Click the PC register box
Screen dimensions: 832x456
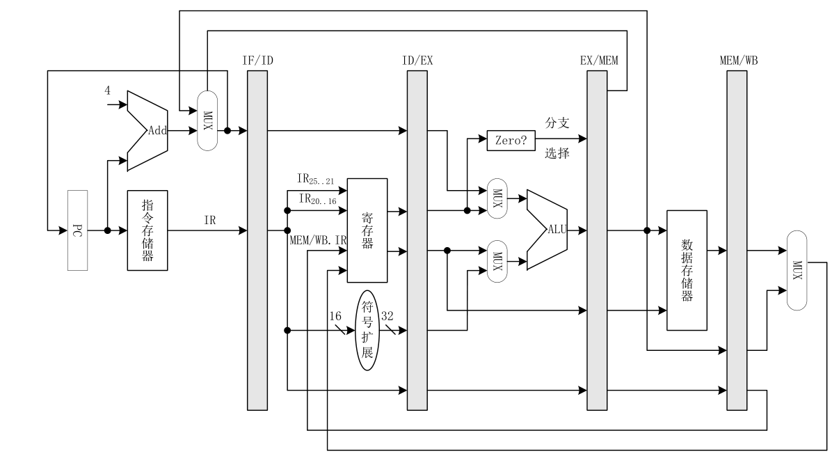pyautogui.click(x=77, y=230)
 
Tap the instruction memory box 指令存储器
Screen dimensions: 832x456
pyautogui.click(x=147, y=230)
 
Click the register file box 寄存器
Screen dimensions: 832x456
pyautogui.click(x=367, y=230)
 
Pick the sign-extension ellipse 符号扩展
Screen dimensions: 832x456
pyautogui.click(x=367, y=330)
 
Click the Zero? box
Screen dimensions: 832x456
pyautogui.click(x=511, y=141)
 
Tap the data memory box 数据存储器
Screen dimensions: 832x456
pyautogui.click(x=687, y=270)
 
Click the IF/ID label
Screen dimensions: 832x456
pyautogui.click(x=258, y=61)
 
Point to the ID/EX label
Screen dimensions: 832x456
pyautogui.click(x=417, y=61)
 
